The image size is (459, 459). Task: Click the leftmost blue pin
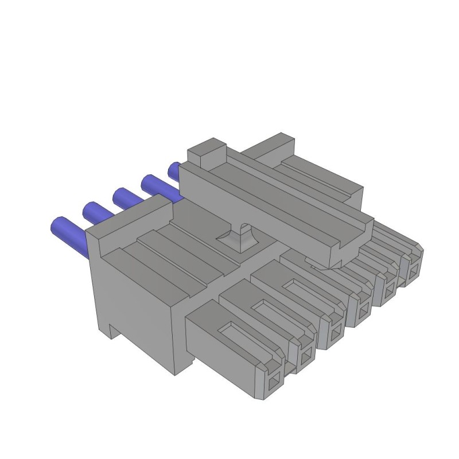point(68,230)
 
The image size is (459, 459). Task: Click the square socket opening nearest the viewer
point(274,379)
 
